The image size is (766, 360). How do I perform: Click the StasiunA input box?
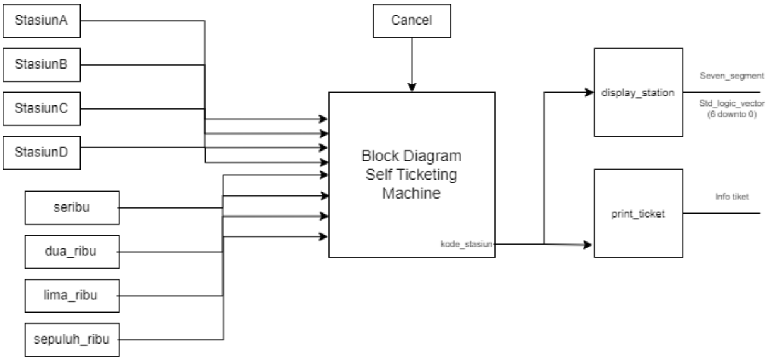[42, 21]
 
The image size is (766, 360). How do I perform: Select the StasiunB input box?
[42, 65]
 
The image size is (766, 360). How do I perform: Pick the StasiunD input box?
[42, 152]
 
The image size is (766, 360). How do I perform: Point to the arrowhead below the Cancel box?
[412, 87]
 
